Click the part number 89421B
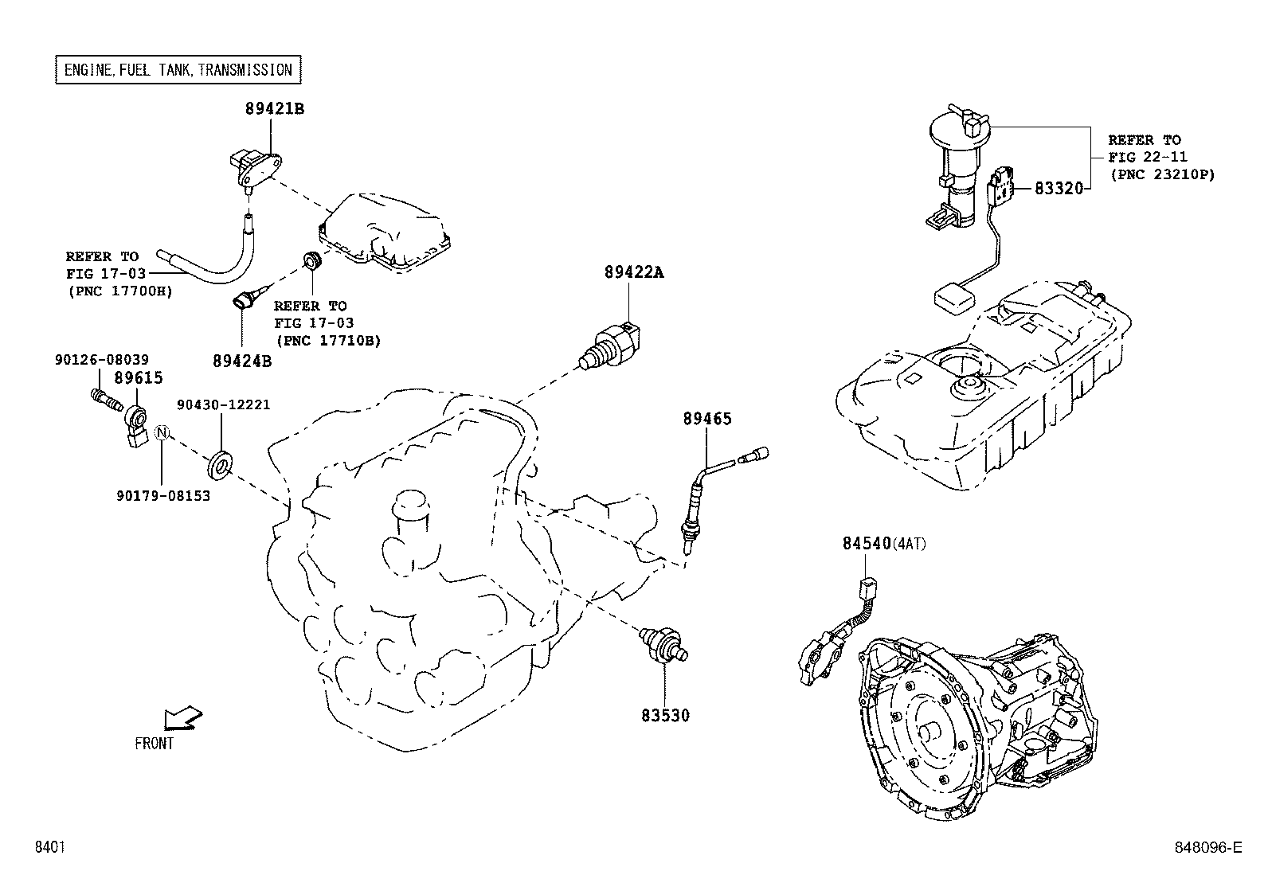[274, 108]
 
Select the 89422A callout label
[633, 271]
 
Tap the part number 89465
[706, 418]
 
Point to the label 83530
[665, 715]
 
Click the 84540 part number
[866, 543]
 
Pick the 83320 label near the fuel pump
[1059, 189]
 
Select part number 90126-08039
[101, 360]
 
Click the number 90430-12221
[223, 404]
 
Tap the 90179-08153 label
[163, 496]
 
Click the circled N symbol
[162, 432]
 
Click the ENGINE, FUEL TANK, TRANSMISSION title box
[178, 70]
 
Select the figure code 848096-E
[1208, 847]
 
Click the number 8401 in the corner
[49, 847]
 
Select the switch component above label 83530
[665, 642]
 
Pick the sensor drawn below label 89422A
[612, 345]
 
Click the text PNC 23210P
[1162, 174]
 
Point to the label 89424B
[242, 360]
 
